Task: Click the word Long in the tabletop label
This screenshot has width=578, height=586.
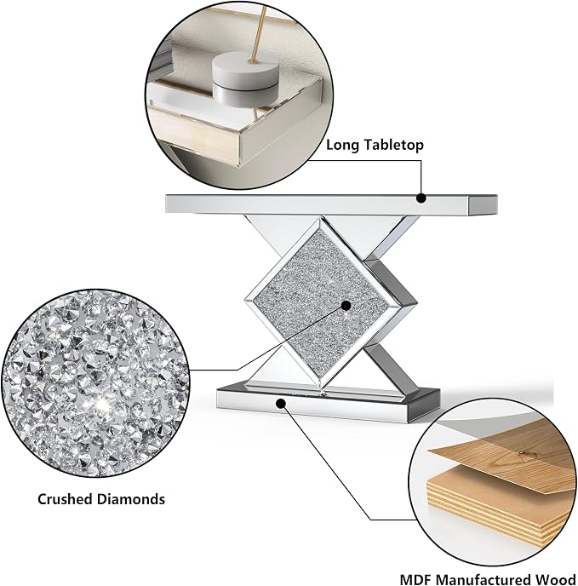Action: pos(343,145)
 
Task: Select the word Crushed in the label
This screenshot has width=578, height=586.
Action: pos(65,499)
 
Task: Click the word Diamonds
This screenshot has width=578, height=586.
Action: pos(131,499)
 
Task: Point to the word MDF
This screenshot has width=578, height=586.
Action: pos(416,579)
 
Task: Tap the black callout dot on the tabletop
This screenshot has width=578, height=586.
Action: pos(421,198)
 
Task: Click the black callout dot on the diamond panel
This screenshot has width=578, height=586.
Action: pos(346,306)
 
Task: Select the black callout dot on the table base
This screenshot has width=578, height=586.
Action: pos(281,403)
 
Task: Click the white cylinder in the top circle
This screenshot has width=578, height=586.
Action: pos(245,76)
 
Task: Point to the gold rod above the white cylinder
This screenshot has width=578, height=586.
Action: pos(260,32)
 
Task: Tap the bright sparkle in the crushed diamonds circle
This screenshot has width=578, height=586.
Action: pos(101,405)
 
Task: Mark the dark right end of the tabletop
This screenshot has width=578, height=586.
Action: pos(483,205)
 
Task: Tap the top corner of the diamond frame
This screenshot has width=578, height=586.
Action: pos(320,217)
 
